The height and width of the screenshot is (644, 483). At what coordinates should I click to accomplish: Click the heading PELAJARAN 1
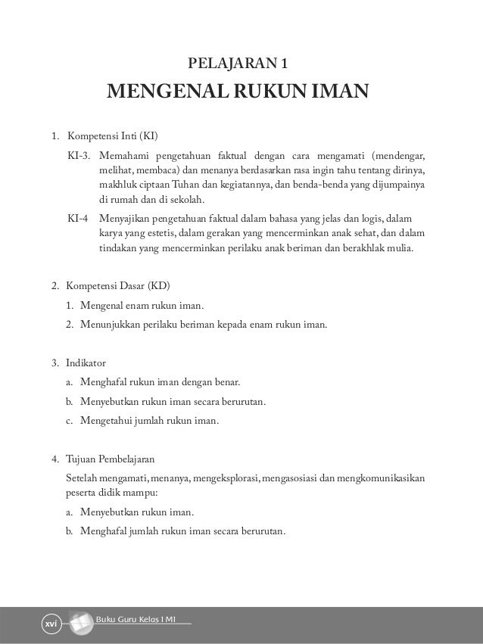pos(241,62)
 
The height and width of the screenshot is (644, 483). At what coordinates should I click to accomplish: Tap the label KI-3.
pos(79,155)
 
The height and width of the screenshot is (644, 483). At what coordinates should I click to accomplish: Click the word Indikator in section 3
pos(86,362)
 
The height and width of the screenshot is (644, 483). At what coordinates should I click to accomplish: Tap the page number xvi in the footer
pos(51,624)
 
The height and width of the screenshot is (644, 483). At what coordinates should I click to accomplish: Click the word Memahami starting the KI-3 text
pos(123,155)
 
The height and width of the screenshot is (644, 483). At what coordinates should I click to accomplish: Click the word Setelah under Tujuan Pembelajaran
pos(83,478)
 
